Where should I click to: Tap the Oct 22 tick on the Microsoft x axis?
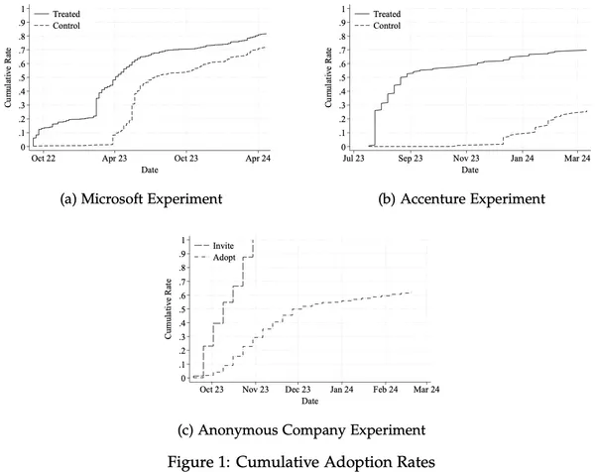click(x=44, y=158)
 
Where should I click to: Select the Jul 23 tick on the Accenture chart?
click(x=354, y=158)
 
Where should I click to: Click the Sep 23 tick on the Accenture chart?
click(x=411, y=158)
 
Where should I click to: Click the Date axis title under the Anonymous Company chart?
click(x=309, y=402)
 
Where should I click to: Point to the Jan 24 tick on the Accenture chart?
click(x=523, y=158)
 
